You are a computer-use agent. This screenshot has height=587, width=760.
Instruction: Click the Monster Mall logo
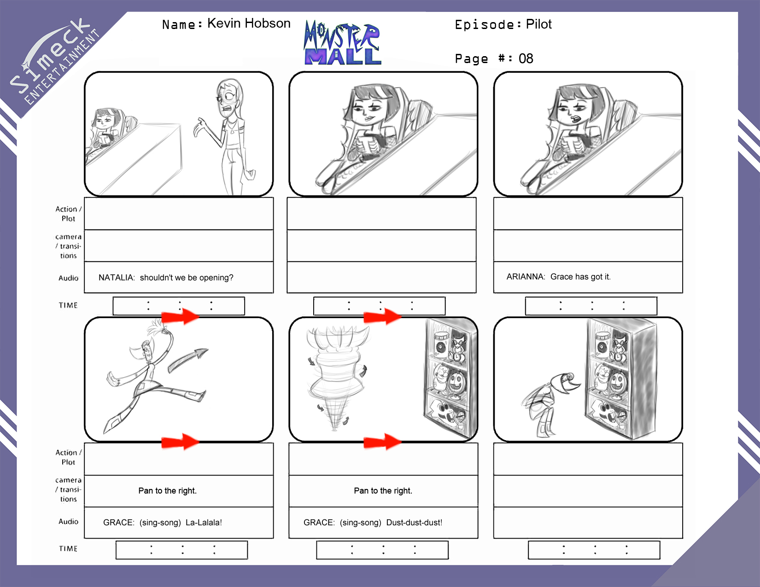pos(342,43)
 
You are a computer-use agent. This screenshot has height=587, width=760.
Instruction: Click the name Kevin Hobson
pos(249,23)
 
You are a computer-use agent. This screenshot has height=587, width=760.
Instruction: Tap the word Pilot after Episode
pos(538,24)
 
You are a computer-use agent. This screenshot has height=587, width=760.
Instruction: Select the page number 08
pos(526,58)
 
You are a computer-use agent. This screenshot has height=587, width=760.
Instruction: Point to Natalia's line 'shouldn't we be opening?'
pos(187,278)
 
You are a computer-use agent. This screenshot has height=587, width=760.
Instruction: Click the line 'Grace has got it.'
pos(580,277)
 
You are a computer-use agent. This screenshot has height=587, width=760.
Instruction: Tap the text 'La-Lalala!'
pos(204,523)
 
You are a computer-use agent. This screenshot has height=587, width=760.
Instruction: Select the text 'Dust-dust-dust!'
pos(414,523)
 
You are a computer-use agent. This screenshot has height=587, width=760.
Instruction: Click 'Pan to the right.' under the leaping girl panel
pos(168,490)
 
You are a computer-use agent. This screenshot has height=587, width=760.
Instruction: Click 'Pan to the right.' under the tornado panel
pos(383,490)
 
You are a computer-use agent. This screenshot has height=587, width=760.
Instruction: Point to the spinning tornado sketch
pos(336,378)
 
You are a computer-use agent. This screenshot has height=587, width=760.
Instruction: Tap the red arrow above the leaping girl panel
pos(180,316)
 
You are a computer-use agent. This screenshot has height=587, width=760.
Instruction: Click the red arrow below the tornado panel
pos(382,442)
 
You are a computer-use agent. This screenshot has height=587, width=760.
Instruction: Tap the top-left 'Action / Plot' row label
pos(68,214)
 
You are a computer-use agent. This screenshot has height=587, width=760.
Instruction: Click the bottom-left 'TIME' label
pos(68,548)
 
